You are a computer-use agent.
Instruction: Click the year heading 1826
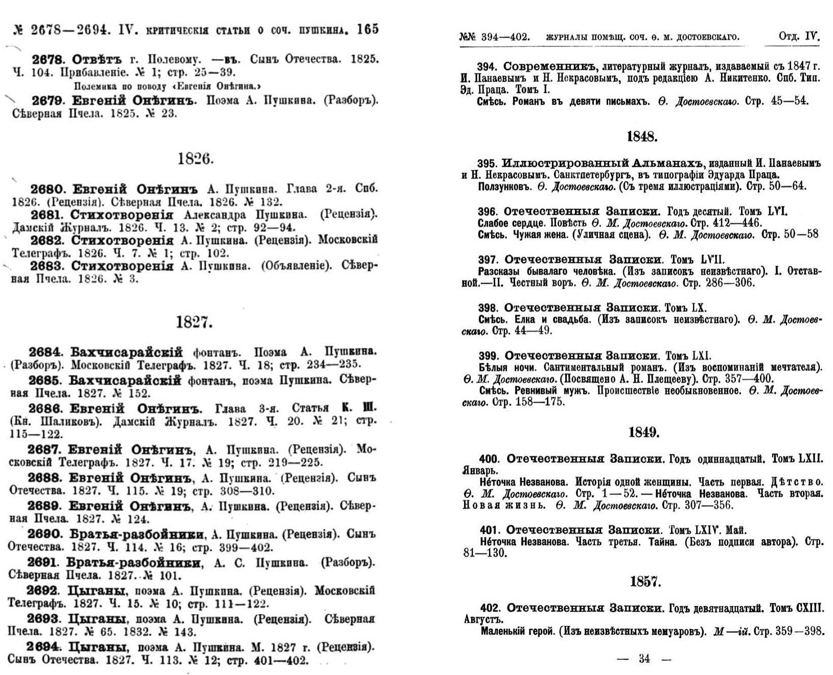tap(195, 159)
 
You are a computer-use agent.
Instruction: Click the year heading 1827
tap(194, 323)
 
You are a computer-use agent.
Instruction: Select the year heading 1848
tap(642, 136)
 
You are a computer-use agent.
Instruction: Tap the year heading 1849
tap(643, 433)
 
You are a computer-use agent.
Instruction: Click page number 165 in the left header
tap(367, 30)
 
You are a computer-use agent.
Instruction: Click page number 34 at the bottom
tap(644, 659)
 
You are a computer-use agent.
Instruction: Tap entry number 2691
tap(43, 563)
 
